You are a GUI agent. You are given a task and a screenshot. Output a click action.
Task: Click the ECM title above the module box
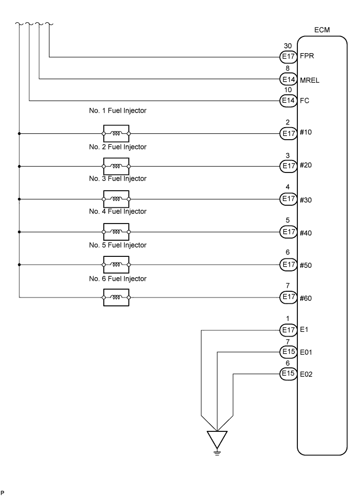322,30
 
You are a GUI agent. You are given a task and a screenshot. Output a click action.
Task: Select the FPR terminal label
307,56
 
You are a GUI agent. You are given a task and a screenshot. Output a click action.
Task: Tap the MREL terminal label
309,80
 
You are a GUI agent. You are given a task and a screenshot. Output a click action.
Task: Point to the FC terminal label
304,101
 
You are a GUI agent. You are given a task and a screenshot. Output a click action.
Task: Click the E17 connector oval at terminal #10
289,133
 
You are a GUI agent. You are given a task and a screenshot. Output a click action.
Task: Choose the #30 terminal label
306,200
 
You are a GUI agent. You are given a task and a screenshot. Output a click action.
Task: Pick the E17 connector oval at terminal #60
289,297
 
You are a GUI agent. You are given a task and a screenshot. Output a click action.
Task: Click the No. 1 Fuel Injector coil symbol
116,133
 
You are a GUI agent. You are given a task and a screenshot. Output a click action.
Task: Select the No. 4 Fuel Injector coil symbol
116,232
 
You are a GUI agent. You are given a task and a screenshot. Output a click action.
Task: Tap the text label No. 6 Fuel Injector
118,279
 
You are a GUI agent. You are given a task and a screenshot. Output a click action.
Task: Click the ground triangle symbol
217,439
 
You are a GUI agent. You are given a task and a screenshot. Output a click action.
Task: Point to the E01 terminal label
306,352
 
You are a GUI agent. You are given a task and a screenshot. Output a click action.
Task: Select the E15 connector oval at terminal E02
289,374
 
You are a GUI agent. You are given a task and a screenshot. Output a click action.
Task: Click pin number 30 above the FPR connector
288,46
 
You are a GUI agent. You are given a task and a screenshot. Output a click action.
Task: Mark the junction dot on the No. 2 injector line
19,166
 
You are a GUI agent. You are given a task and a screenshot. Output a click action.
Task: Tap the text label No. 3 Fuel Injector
118,179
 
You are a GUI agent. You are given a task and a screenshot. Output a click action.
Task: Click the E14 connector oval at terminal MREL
289,79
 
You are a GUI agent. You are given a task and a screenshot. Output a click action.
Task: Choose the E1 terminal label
304,330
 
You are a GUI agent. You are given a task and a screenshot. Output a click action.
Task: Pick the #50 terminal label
306,265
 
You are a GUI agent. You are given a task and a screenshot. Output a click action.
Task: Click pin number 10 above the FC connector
288,90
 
